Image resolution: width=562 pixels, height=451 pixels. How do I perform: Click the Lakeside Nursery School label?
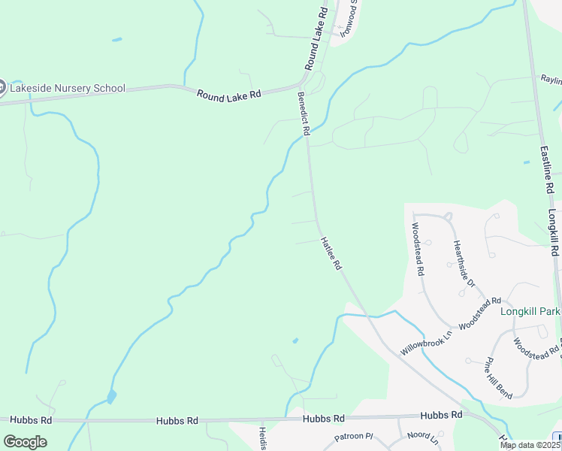pyautogui.click(x=67, y=88)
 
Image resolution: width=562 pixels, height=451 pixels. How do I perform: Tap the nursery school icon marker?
pyautogui.click(x=2, y=88)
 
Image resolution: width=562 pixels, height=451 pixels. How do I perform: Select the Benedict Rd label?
pyautogui.click(x=304, y=114)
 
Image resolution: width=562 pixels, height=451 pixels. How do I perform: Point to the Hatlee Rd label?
pyautogui.click(x=331, y=254)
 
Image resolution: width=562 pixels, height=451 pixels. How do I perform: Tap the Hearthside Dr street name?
pyautogui.click(x=463, y=263)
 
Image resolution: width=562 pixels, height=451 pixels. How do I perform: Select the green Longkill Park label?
pyautogui.click(x=530, y=310)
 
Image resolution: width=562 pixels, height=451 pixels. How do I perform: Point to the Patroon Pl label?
pyautogui.click(x=353, y=436)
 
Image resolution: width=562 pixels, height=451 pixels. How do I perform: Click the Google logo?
pyautogui.click(x=25, y=441)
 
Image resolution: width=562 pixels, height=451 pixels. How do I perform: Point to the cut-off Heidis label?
pyautogui.click(x=263, y=438)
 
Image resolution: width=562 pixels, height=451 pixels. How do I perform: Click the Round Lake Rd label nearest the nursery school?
pyautogui.click(x=228, y=95)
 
